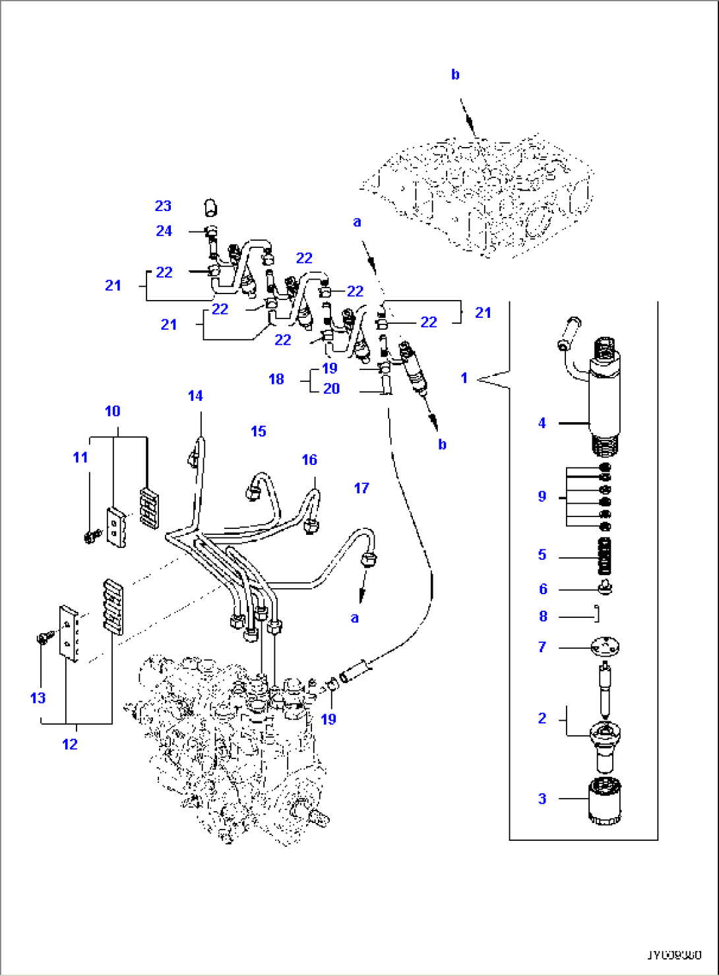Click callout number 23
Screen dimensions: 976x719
[x=163, y=206]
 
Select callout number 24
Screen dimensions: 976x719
[x=164, y=231]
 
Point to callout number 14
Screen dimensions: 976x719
[x=195, y=396]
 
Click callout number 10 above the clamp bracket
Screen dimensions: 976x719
[x=112, y=411]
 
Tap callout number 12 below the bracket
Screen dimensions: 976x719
[x=70, y=744]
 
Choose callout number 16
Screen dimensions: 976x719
[x=309, y=460]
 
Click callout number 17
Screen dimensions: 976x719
[x=361, y=488]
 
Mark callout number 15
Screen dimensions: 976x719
[x=259, y=431]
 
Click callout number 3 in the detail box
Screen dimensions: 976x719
[x=542, y=799]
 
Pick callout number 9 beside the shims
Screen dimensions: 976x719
[x=542, y=496]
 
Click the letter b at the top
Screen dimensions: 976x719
[x=455, y=75]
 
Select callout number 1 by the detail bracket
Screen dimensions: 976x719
[x=464, y=378]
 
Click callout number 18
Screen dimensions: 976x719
[x=276, y=379]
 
